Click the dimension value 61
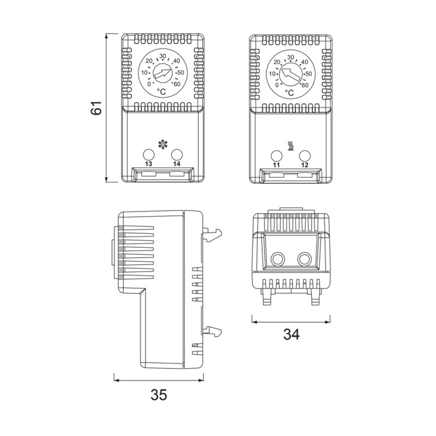coord(97,108)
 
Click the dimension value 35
coord(158,395)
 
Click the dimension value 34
coord(291,335)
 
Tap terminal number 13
coord(148,165)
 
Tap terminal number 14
coord(177,165)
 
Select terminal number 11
coord(277,165)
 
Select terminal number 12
coord(305,165)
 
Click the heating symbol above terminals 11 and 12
coord(290,144)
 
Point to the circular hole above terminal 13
coord(148,154)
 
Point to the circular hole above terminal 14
coord(177,154)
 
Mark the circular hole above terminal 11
coord(277,155)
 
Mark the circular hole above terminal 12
coord(305,155)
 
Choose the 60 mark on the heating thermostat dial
coord(305,84)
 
